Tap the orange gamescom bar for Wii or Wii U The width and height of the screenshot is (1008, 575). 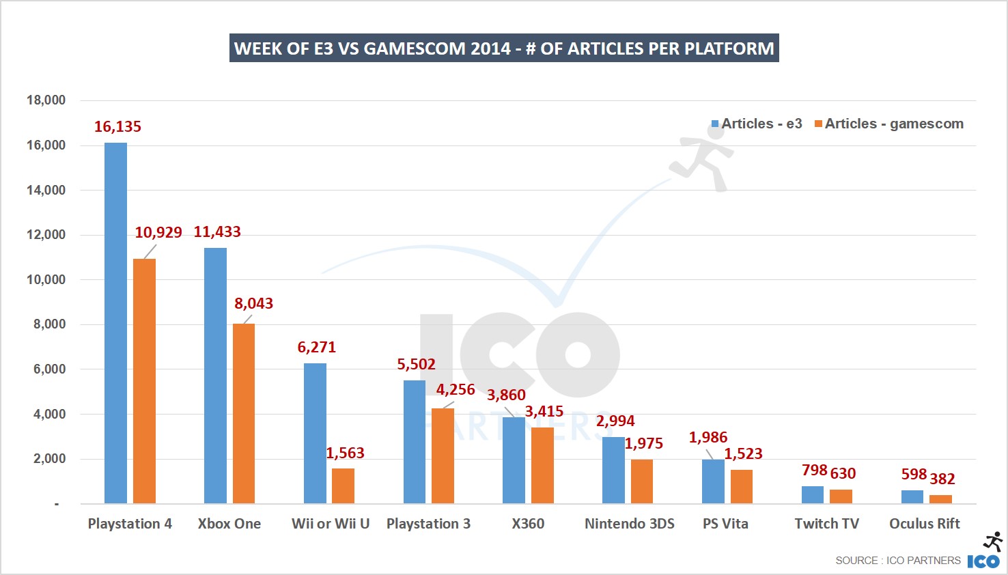(343, 486)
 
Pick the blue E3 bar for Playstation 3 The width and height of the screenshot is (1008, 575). (415, 442)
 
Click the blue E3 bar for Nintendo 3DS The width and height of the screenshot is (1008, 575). (613, 470)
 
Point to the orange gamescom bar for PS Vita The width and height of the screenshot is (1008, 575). (742, 486)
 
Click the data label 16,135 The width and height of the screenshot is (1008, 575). (117, 127)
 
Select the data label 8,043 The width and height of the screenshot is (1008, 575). (253, 303)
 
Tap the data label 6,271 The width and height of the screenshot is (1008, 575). (316, 347)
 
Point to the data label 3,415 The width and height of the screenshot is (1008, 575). (544, 411)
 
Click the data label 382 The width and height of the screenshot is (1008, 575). (942, 479)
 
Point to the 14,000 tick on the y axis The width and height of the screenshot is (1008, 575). (46, 190)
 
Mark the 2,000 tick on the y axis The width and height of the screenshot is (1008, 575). (49, 458)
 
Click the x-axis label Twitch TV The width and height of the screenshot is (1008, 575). (826, 524)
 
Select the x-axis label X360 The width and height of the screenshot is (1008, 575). (528, 524)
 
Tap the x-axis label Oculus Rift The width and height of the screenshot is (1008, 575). (924, 524)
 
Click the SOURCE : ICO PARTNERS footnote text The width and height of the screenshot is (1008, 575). (897, 561)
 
